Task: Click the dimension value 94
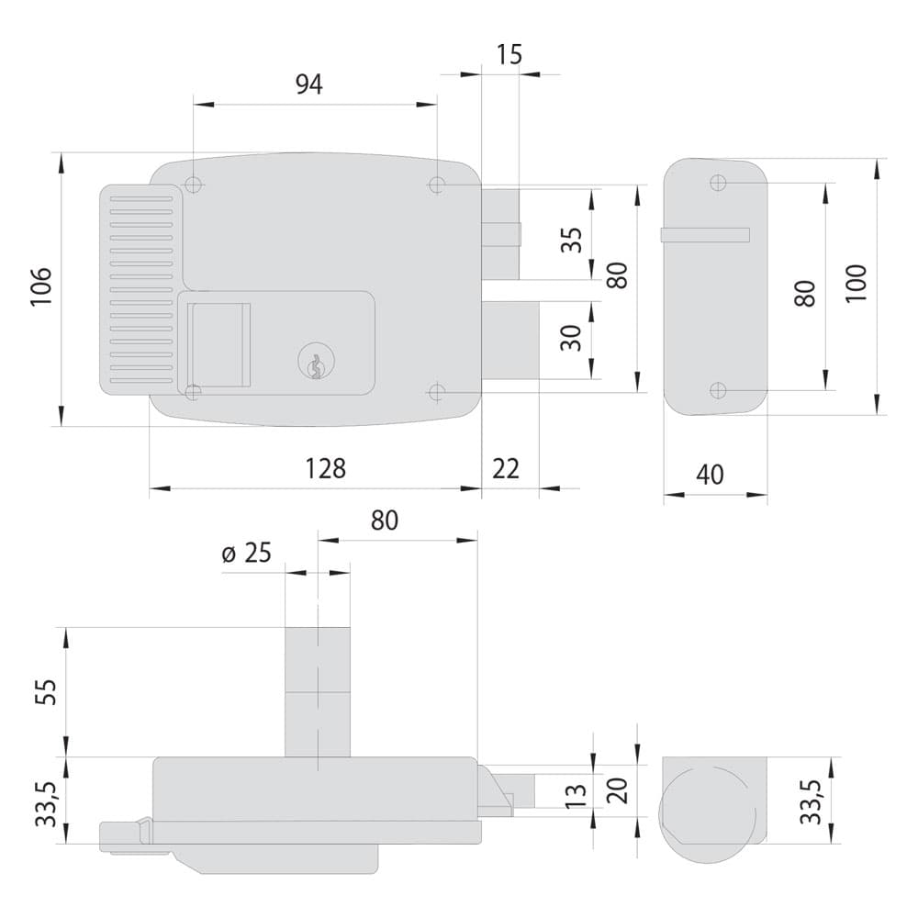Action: click(308, 84)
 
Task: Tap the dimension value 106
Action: click(41, 286)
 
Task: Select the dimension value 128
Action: click(326, 468)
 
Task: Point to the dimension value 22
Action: click(505, 468)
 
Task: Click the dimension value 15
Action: click(509, 54)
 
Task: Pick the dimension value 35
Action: click(572, 240)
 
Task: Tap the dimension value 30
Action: click(571, 338)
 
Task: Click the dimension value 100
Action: click(856, 284)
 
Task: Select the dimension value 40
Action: click(710, 475)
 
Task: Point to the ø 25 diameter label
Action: click(246, 553)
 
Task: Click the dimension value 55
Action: click(46, 692)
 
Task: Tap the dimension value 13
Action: click(576, 796)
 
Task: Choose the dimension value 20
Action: click(618, 790)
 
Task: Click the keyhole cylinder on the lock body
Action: click(314, 361)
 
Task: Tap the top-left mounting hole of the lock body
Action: click(193, 185)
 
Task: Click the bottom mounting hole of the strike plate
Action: click(719, 390)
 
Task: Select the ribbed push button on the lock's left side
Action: click(141, 290)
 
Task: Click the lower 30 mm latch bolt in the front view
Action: click(509, 341)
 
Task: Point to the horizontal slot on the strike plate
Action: click(705, 235)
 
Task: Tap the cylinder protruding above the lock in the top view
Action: click(318, 692)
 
